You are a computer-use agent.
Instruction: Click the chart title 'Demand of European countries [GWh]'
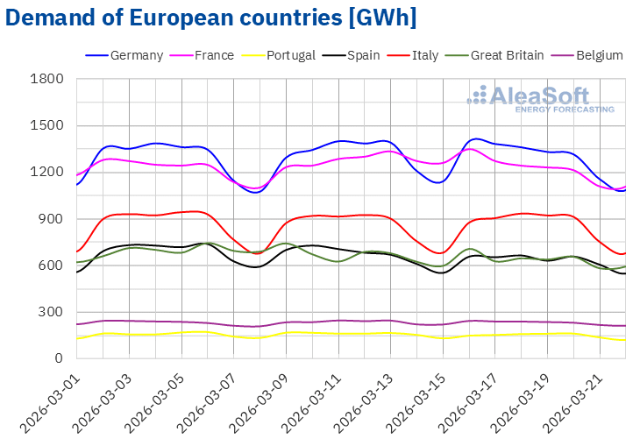(x=210, y=18)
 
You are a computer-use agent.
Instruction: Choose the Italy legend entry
(x=423, y=55)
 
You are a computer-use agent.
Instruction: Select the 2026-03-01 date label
(x=52, y=399)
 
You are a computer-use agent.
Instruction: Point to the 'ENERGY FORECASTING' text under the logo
(x=564, y=110)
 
